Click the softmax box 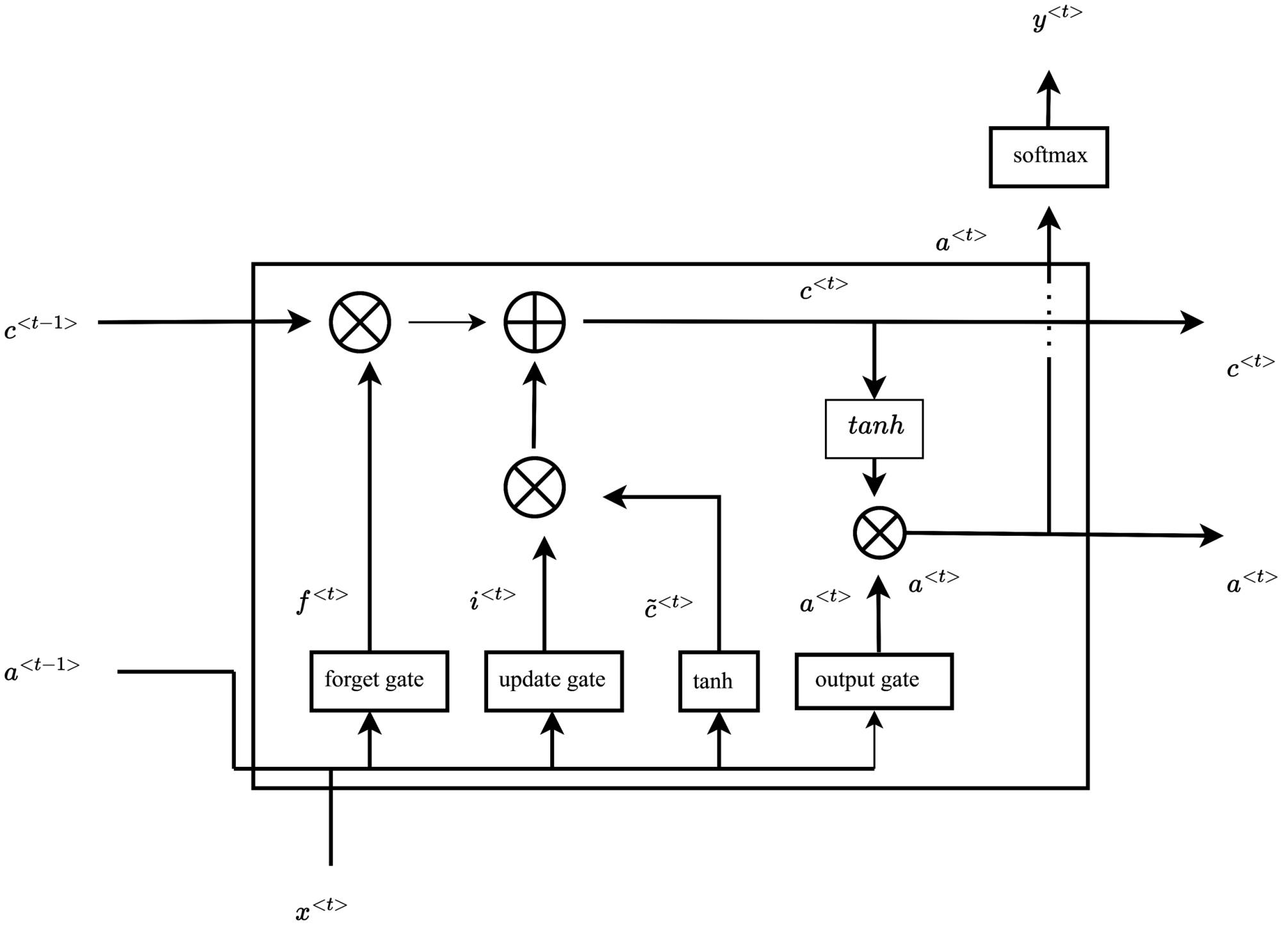tap(1048, 157)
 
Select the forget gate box tap(379, 681)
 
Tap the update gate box tap(553, 681)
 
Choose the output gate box tap(874, 681)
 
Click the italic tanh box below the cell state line tap(874, 428)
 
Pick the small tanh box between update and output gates tap(719, 681)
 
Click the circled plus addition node tap(534, 322)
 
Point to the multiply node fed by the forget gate tap(360, 322)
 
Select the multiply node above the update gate tap(534, 487)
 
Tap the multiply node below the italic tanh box tap(879, 533)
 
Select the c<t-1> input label tap(40, 327)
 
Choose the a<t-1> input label tap(42, 669)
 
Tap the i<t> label tap(492, 598)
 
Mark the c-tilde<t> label tap(668, 606)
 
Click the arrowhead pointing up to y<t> tap(1048, 82)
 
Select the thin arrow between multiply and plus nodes tap(446, 322)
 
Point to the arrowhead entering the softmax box tap(1048, 218)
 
